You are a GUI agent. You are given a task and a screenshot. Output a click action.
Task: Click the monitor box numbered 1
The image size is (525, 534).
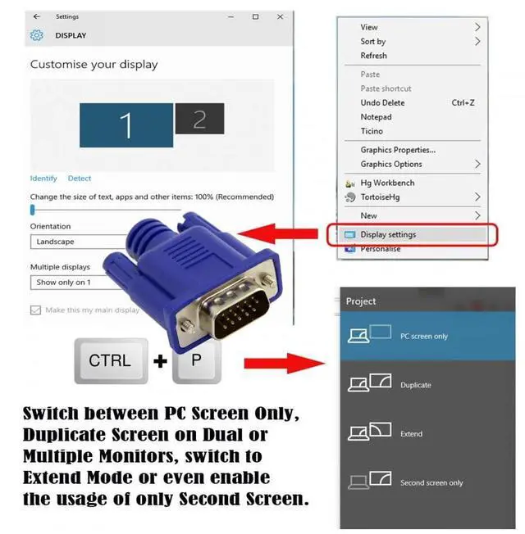pos(126,125)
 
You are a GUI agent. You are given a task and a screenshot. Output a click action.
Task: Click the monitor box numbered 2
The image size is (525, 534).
pos(199,120)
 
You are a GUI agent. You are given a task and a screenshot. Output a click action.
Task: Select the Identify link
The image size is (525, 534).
pos(43,179)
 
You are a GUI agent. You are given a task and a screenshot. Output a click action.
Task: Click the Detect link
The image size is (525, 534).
pos(80,179)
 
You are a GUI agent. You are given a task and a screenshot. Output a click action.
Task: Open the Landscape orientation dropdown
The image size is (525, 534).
pos(78,242)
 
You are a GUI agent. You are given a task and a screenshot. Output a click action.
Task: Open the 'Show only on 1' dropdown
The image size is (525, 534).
pos(78,283)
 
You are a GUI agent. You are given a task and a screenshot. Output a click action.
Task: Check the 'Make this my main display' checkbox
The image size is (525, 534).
pos(35,310)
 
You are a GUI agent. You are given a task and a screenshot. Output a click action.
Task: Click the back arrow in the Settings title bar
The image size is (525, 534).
pos(37,16)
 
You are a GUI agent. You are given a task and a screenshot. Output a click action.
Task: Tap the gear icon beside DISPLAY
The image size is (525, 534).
pos(36,35)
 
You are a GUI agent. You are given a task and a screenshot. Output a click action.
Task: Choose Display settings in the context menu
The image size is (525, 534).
pos(388,234)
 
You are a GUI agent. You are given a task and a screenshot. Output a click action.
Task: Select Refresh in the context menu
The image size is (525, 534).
pos(373,56)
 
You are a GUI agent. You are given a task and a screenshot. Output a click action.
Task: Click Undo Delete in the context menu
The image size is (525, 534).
pos(382,103)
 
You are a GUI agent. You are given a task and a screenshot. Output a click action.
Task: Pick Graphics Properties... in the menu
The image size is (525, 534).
pos(398,150)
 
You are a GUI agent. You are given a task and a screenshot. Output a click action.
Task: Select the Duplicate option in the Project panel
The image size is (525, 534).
pos(415,385)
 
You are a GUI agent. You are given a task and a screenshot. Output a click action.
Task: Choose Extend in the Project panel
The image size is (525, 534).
pos(412,434)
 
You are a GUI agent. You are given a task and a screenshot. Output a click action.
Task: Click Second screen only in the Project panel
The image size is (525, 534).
pos(431,483)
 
